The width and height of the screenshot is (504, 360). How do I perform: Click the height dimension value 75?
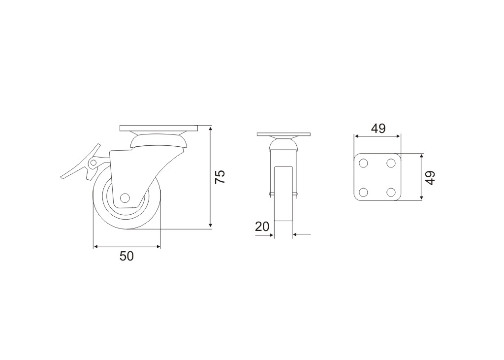click(220, 177)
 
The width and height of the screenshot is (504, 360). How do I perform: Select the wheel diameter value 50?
click(126, 257)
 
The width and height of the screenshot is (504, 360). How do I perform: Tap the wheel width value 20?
click(262, 227)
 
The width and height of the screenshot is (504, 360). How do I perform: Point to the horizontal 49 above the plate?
click(378, 129)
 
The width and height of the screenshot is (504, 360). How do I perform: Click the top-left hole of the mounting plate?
click(364, 163)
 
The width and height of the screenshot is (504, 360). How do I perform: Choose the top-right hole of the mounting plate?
click(391, 163)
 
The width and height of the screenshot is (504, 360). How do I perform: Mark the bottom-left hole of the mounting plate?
click(364, 193)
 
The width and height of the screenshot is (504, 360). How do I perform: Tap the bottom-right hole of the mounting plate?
click(391, 193)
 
